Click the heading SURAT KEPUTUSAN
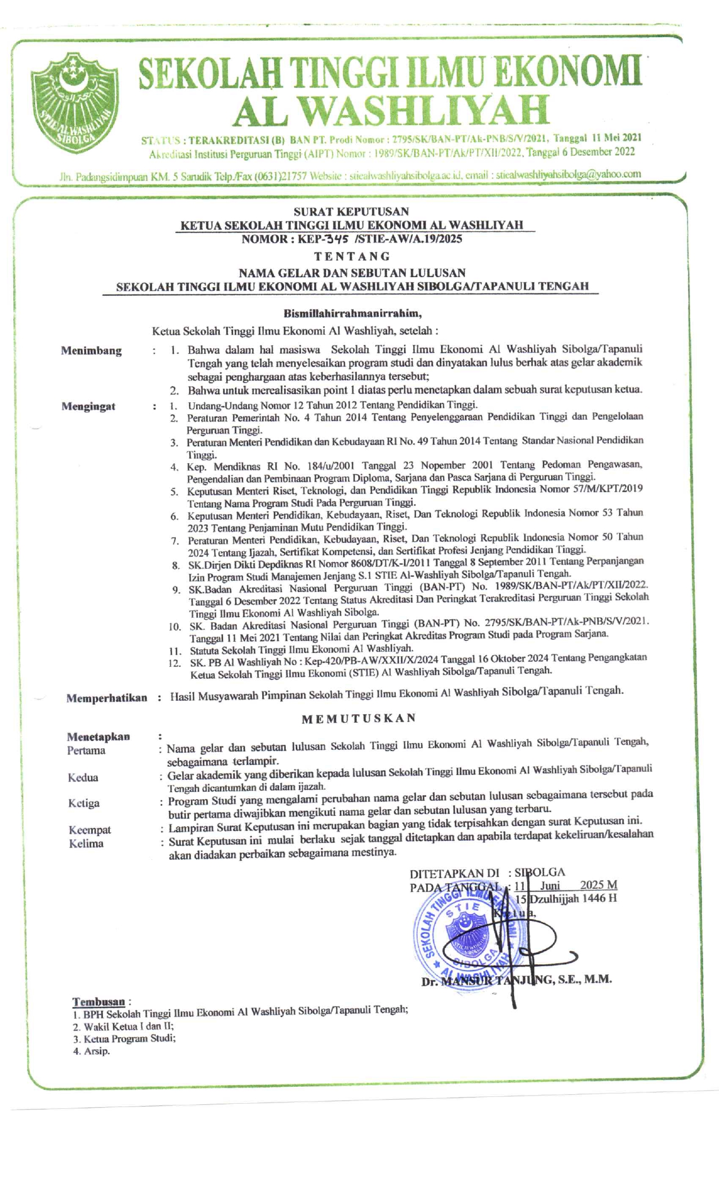[351, 212]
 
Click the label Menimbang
[91, 350]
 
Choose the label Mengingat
[89, 406]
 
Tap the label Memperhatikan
[107, 698]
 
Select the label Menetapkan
[98, 736]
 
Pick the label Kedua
[83, 778]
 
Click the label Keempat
[90, 829]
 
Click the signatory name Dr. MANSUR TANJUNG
[516, 980]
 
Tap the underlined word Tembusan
[98, 1002]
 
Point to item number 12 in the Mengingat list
[174, 662]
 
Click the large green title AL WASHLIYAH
[390, 109]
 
